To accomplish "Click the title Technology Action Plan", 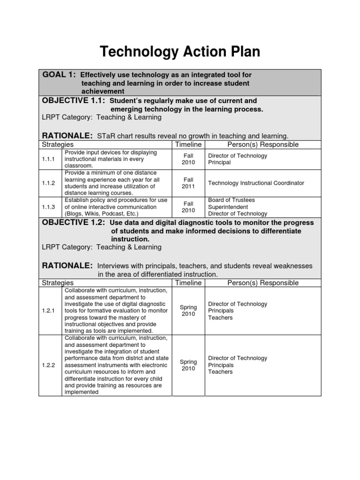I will tap(180, 52).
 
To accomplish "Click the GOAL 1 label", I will tap(59, 75).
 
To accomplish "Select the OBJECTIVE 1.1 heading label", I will tap(74, 101).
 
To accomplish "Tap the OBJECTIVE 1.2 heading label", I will tap(74, 223).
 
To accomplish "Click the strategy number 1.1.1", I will tap(49, 159).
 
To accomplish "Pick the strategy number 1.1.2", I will tap(49, 183).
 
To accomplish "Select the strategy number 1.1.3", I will tap(49, 207).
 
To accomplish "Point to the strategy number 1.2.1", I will tap(49, 310).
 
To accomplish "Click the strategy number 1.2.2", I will tap(49, 365).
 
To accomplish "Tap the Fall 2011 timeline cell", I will tap(188, 183).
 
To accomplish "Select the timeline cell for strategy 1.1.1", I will tap(188, 159).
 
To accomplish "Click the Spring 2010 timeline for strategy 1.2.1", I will tap(188, 310).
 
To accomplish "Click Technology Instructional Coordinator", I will tap(256, 183).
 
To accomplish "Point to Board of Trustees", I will tap(232, 200).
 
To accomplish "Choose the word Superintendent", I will tap(228, 207).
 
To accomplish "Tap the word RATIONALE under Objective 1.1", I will tap(67, 135).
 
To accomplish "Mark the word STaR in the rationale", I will tap(106, 136).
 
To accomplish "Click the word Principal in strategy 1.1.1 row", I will tap(219, 163).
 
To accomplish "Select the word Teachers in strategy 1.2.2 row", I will tap(220, 372).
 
